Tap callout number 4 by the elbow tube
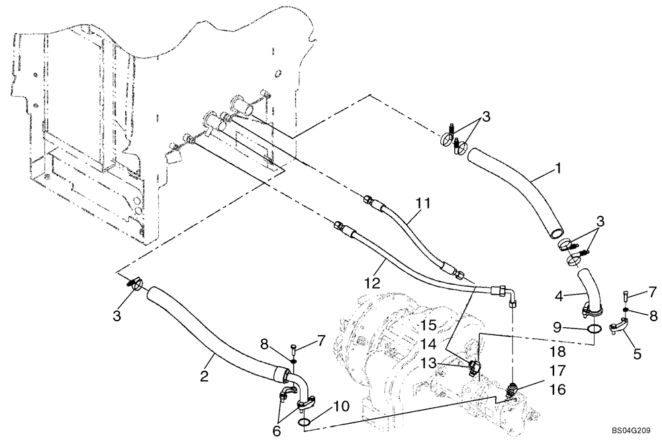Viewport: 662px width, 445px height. [560, 297]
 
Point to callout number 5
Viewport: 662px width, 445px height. [636, 354]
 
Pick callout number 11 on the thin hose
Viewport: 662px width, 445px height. [422, 201]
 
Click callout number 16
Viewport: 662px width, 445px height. [558, 391]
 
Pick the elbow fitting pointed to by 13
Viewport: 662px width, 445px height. [472, 366]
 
